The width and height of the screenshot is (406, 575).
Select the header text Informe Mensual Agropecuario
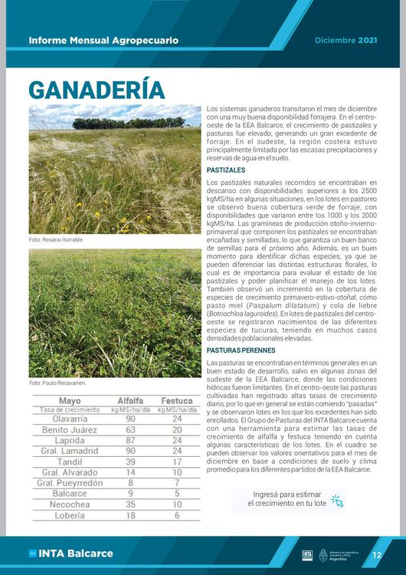103,39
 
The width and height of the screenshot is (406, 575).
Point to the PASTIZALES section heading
226,169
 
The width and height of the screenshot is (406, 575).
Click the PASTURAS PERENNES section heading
244,350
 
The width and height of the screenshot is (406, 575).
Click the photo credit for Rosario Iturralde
56,240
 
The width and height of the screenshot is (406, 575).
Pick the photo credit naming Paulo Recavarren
57,383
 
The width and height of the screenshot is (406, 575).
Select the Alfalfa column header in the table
130,401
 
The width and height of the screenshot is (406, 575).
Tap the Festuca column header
176,401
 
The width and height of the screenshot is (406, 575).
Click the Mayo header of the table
69,401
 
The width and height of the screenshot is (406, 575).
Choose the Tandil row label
69,462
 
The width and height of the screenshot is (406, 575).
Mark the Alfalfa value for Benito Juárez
130,430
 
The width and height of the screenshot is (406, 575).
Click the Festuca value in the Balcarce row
177,495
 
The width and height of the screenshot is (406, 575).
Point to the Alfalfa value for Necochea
130,505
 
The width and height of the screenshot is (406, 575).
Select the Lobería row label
69,516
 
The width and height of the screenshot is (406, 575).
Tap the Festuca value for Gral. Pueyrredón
177,484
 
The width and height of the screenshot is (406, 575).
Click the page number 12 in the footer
377,554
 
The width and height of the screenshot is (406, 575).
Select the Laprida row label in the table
69,441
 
